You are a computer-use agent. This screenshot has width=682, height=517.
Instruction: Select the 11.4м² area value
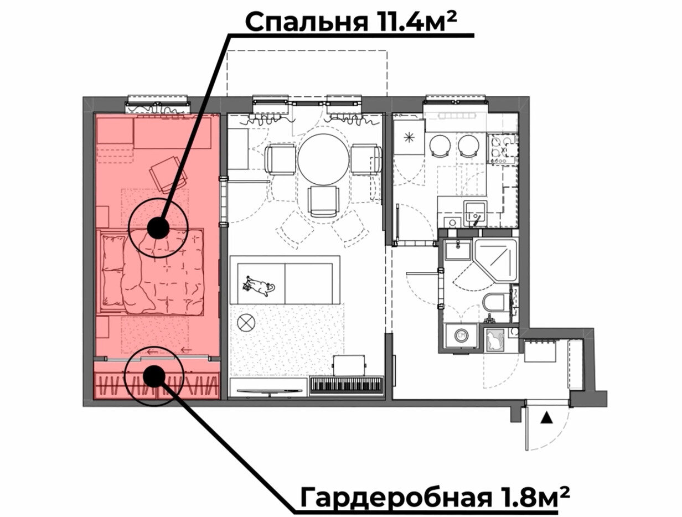pyautogui.click(x=412, y=21)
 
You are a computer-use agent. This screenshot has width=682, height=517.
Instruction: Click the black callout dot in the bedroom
pyautogui.click(x=158, y=229)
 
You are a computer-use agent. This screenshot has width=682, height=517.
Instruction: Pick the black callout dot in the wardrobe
pyautogui.click(x=154, y=376)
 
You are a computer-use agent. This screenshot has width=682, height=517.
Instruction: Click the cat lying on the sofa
pyautogui.click(x=259, y=285)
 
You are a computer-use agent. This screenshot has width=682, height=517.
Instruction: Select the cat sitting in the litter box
pyautogui.click(x=492, y=340)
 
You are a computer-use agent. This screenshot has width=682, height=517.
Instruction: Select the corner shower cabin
pyautogui.click(x=495, y=261)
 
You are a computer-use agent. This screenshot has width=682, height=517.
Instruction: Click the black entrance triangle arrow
pyautogui.click(x=546, y=419)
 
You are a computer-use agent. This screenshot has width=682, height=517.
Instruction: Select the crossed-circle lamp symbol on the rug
pyautogui.click(x=246, y=323)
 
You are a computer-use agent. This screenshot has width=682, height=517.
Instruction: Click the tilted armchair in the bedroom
pyautogui.click(x=168, y=174)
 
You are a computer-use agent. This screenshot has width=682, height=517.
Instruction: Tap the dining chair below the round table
pyautogui.click(x=323, y=201)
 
